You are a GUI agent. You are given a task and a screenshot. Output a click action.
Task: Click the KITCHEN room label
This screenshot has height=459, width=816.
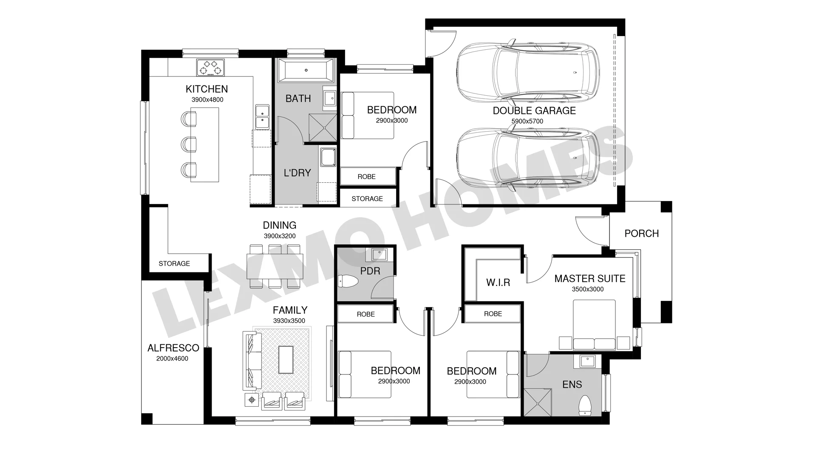207,89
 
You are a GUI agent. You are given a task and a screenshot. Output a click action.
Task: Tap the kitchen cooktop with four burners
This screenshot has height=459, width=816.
210,68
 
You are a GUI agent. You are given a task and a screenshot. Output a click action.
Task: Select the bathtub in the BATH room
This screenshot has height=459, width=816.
306,70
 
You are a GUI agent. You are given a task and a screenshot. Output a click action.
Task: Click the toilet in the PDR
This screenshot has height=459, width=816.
347,281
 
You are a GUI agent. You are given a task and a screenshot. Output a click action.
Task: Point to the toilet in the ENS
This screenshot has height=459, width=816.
585,405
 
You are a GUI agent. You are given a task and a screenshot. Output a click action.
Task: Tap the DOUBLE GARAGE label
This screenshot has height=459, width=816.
534,110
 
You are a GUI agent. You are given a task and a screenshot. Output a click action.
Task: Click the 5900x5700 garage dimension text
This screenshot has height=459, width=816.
527,121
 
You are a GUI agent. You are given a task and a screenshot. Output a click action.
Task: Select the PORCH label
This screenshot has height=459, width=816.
642,233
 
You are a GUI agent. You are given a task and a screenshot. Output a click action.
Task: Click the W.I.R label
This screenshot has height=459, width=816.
498,283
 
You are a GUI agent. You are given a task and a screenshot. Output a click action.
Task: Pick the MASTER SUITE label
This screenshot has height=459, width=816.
590,279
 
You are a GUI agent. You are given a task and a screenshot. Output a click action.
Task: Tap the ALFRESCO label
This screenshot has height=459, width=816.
173,348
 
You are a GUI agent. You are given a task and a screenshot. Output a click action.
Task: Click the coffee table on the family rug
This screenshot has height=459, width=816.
286,360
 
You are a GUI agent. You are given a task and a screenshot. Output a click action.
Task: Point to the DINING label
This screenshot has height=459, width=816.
280,225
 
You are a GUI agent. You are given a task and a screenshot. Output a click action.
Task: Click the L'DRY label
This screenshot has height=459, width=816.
297,173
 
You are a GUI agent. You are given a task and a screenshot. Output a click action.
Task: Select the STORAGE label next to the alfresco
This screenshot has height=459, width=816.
174,263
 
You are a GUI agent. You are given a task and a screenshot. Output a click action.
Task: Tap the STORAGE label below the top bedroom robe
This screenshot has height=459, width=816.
367,198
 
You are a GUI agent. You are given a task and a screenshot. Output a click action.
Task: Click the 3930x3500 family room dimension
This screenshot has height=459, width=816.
289,321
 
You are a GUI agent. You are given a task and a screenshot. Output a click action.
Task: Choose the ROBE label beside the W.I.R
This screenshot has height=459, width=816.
493,314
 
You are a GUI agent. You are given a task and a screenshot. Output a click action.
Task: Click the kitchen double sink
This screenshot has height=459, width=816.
262,116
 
